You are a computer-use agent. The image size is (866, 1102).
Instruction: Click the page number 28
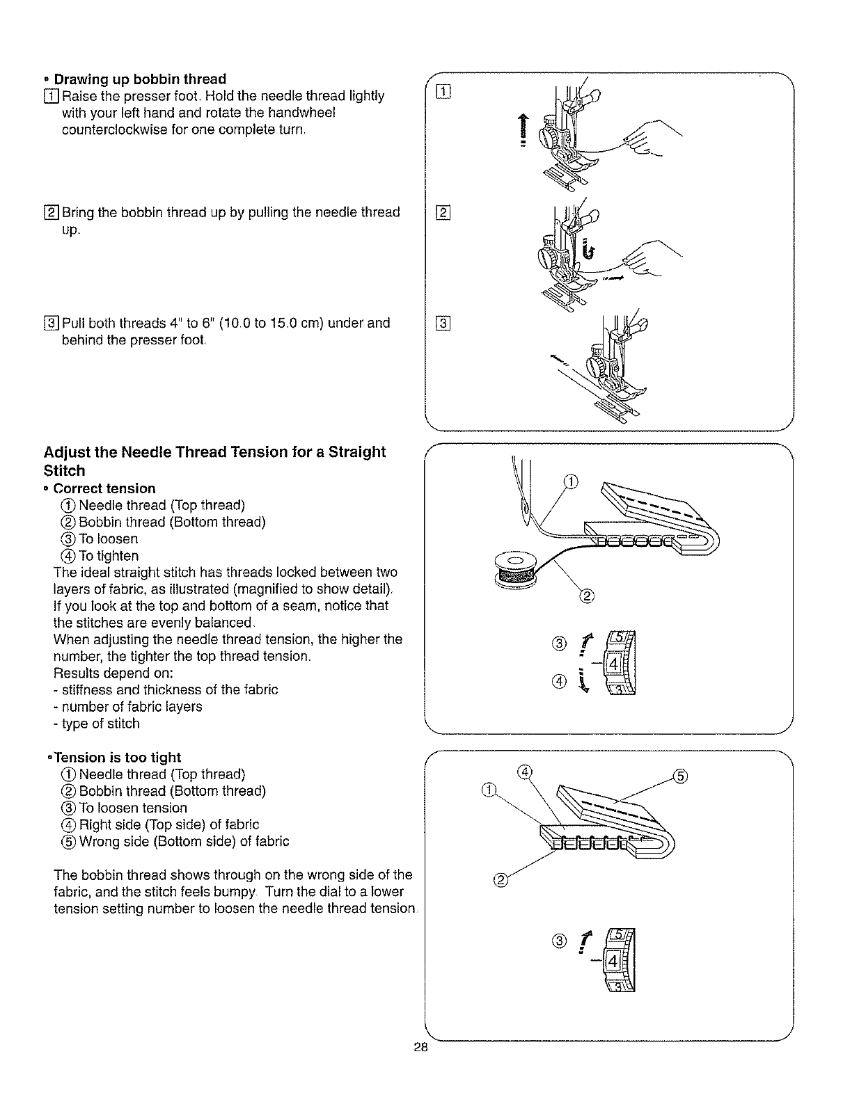click(419, 1049)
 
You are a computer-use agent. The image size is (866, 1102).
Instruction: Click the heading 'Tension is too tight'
click(117, 758)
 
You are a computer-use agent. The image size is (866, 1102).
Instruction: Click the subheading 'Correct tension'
click(104, 488)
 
